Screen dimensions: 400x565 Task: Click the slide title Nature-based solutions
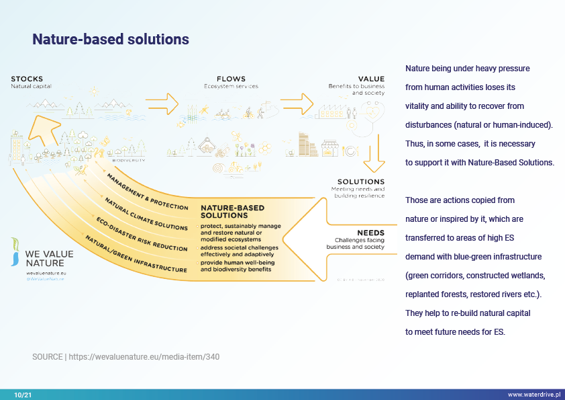111,40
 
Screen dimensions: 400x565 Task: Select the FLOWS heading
231,79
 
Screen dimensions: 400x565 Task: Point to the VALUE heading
371,79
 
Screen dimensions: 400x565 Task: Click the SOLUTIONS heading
360,182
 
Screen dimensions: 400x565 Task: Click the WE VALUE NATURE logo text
49,259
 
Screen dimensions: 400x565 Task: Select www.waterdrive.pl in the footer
535,394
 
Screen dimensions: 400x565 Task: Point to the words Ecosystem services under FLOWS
231,87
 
